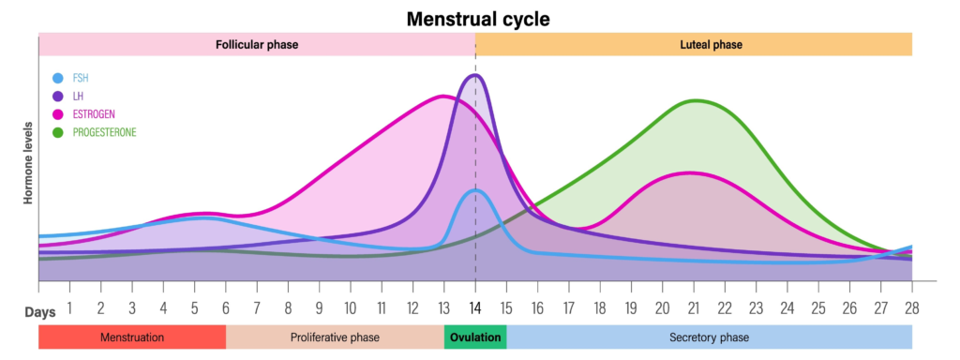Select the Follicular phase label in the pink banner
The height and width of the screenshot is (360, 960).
pos(257,44)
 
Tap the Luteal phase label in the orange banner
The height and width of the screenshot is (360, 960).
pos(693,44)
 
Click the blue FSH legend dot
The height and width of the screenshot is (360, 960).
pos(59,79)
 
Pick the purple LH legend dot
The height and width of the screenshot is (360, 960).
pos(59,97)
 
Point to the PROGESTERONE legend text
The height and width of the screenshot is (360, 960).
pos(104,132)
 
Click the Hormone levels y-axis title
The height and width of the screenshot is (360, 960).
pos(27,162)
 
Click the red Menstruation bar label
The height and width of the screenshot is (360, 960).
pos(132,337)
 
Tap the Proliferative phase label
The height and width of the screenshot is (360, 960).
pos(335,337)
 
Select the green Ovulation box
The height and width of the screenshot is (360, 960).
pos(475,337)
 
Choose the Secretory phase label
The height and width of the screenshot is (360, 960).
pos(709,337)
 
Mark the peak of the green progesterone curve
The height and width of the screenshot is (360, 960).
pos(695,100)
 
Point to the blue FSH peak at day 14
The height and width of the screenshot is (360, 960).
pos(475,190)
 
